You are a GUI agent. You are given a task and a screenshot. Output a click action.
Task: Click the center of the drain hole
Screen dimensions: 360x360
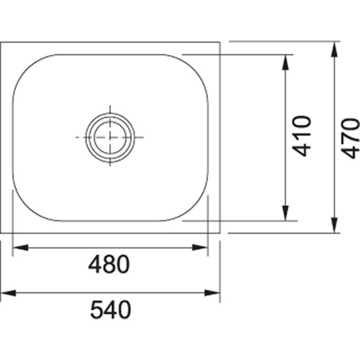pos(110,137)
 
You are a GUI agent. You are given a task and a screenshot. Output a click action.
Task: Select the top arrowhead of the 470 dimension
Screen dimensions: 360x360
pos(335,49)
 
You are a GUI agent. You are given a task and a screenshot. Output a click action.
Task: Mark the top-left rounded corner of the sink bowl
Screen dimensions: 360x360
pos(25,67)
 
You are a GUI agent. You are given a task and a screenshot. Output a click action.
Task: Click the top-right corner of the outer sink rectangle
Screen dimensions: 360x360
pos(220,42)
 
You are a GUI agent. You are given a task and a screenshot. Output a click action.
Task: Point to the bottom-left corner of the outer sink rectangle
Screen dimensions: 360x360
pos(1,233)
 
